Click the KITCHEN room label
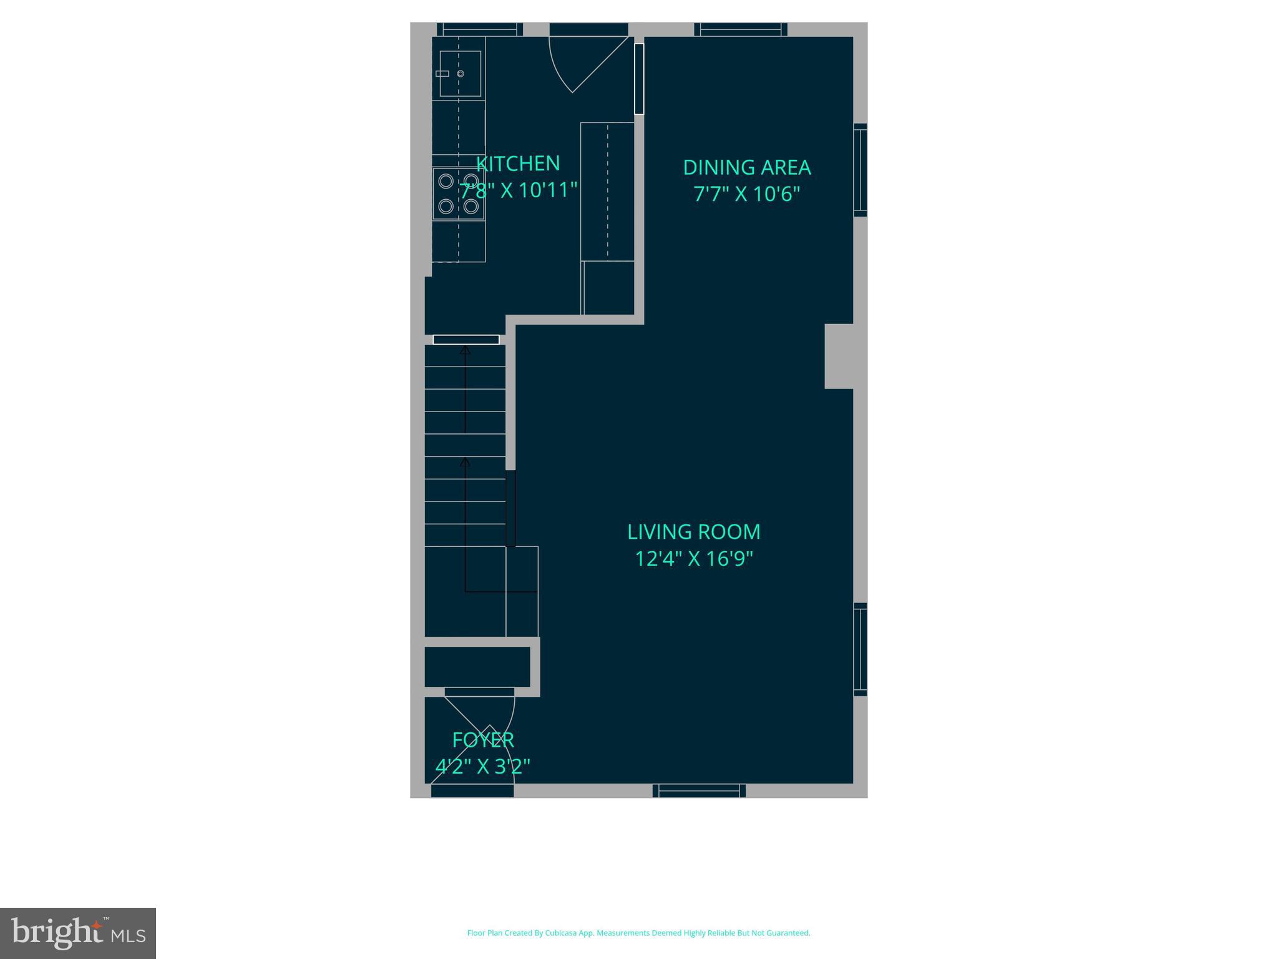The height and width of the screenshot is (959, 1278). pos(518,164)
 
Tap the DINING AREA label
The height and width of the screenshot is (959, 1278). pos(746,167)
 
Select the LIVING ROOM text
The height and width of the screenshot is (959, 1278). pos(693,532)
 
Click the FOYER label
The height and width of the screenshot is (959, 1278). pos(483,740)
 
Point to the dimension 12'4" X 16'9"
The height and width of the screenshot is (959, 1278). pos(693,558)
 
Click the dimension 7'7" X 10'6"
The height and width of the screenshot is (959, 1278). pos(746,194)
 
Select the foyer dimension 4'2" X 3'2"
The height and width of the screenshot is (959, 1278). pos(482,766)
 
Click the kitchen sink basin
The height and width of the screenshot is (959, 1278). pos(461,74)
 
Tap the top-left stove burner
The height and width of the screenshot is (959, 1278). pos(446,182)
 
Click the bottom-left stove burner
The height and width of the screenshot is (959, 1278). pos(446,206)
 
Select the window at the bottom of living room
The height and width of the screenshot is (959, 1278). pos(699,790)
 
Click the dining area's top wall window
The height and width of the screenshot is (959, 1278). pos(741,29)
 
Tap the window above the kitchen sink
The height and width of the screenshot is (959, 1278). pos(479,29)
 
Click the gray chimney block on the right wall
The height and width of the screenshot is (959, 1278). pos(839,356)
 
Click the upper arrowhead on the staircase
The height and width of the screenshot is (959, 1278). pos(465,351)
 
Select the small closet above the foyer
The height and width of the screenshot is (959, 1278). pos(477,667)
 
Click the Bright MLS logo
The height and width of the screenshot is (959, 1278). pos(78,933)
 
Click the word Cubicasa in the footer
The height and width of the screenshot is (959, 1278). pos(560,933)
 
